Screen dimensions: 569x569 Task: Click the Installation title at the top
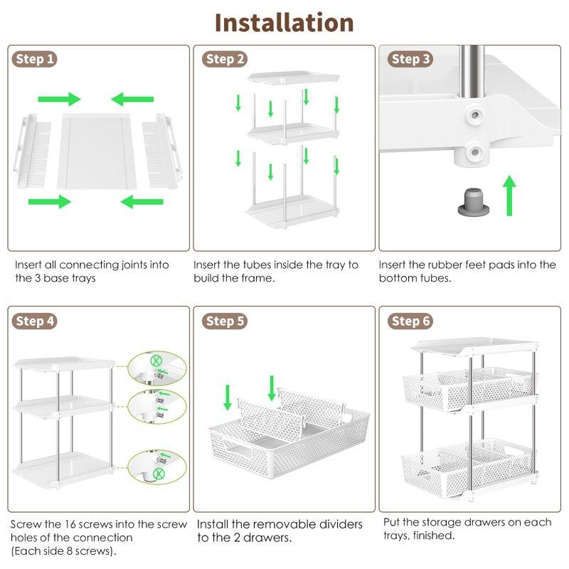click(284, 23)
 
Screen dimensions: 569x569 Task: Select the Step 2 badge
click(225, 59)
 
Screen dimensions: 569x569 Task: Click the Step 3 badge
click(410, 59)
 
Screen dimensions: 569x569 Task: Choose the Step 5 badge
click(225, 321)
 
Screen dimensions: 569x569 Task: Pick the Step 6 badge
click(410, 321)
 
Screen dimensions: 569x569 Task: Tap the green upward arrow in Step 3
click(509, 196)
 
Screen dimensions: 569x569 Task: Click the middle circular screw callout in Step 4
click(157, 407)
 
